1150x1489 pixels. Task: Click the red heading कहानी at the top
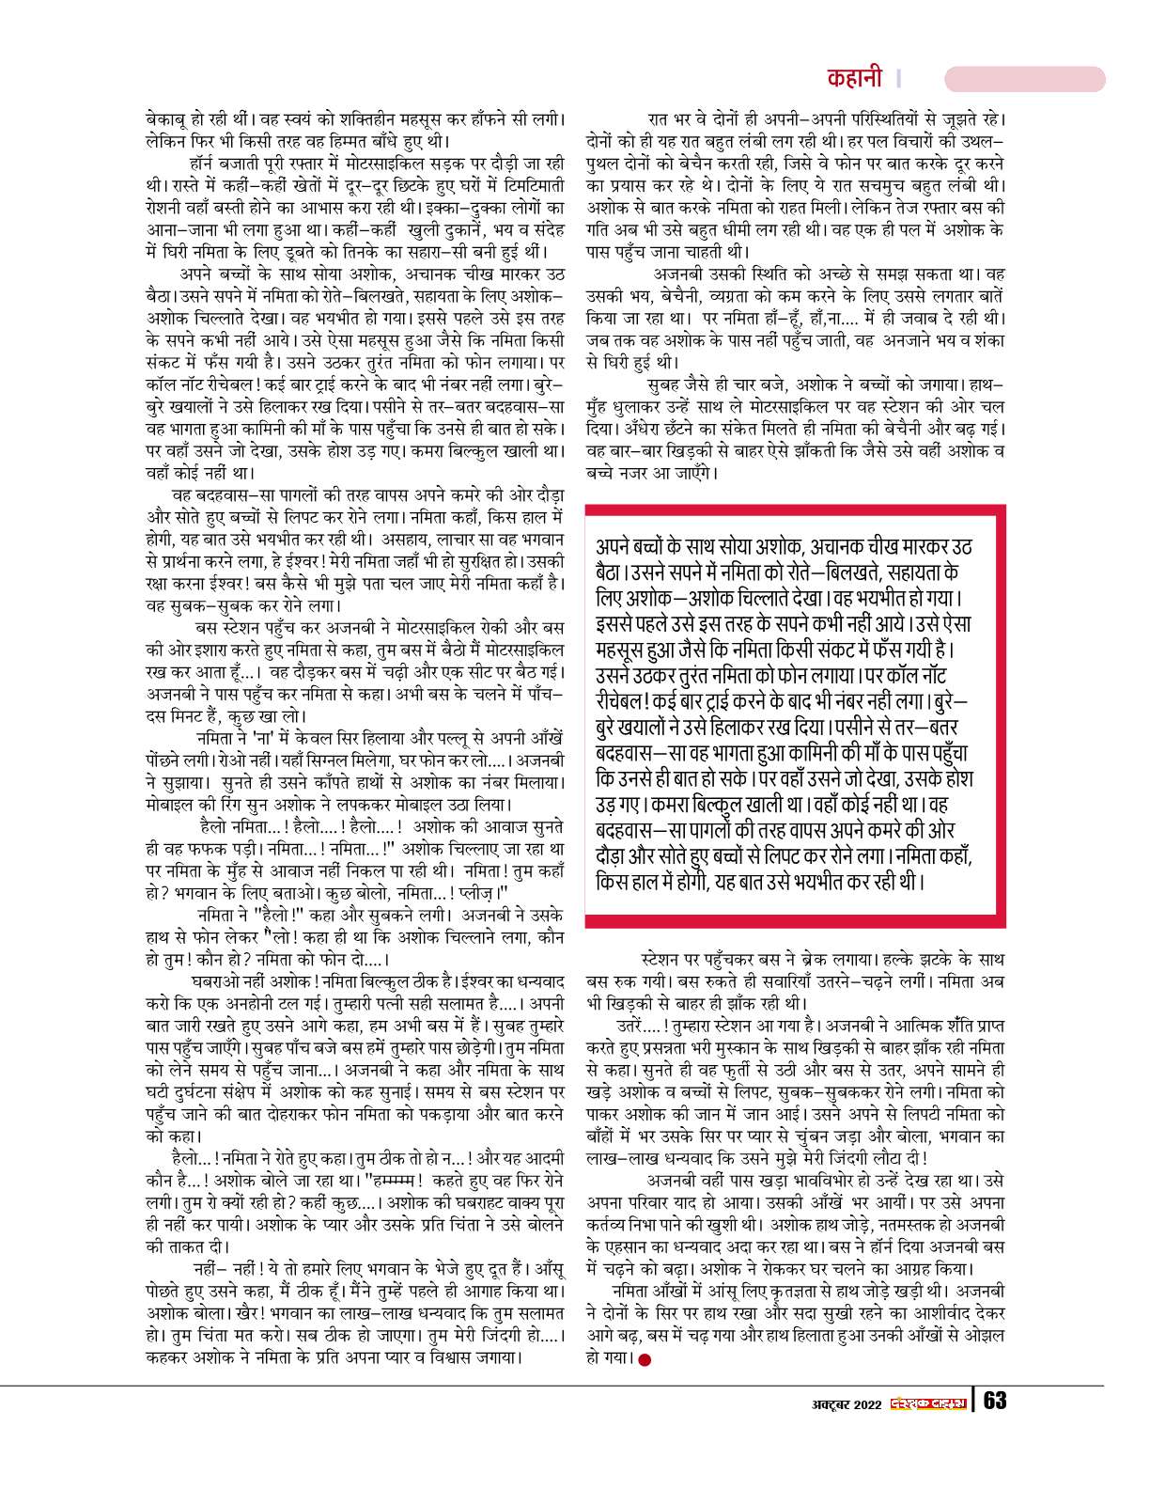pos(855,78)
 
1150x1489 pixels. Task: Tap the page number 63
pos(995,1401)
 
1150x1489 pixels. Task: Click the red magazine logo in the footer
pos(928,1403)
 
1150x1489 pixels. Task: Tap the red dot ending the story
pos(644,1359)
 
